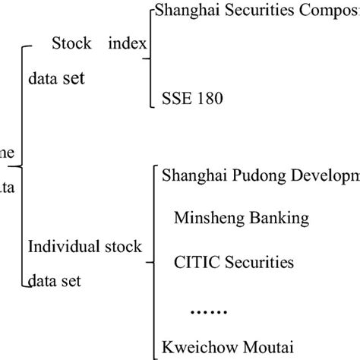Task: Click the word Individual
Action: click(58, 247)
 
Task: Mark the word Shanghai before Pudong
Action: click(190, 176)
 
